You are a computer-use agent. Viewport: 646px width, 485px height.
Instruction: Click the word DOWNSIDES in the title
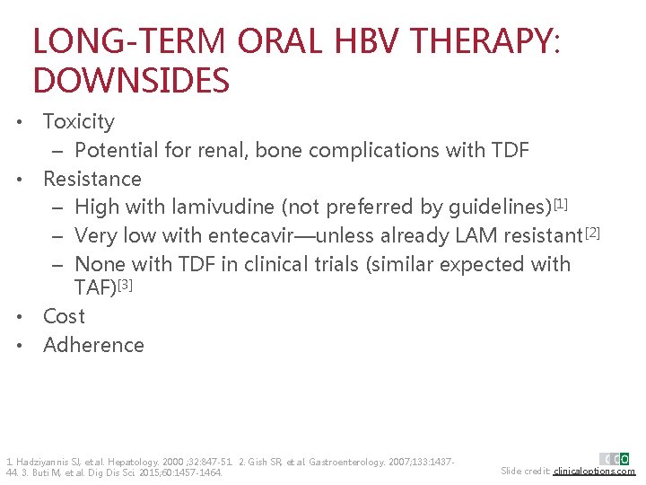click(131, 81)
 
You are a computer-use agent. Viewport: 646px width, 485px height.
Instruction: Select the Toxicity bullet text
click(79, 121)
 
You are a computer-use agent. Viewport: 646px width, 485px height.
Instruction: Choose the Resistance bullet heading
click(92, 179)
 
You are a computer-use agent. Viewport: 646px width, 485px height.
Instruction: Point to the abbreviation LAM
click(482, 236)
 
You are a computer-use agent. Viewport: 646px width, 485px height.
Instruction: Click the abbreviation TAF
click(93, 287)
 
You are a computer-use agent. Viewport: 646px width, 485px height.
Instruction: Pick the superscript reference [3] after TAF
click(126, 284)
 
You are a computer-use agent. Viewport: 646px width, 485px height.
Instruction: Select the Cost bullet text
click(64, 316)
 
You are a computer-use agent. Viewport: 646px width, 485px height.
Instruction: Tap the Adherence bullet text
click(93, 345)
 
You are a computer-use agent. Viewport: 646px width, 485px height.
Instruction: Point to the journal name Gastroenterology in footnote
click(349, 462)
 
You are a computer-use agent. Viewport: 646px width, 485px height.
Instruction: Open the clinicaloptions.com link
click(594, 472)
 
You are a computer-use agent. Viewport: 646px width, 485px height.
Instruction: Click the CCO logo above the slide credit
click(615, 459)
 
